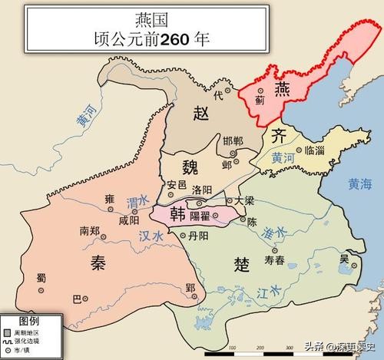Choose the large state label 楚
(240, 265)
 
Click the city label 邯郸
(233, 140)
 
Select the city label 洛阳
(204, 190)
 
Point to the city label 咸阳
(130, 218)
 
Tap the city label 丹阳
(201, 237)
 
